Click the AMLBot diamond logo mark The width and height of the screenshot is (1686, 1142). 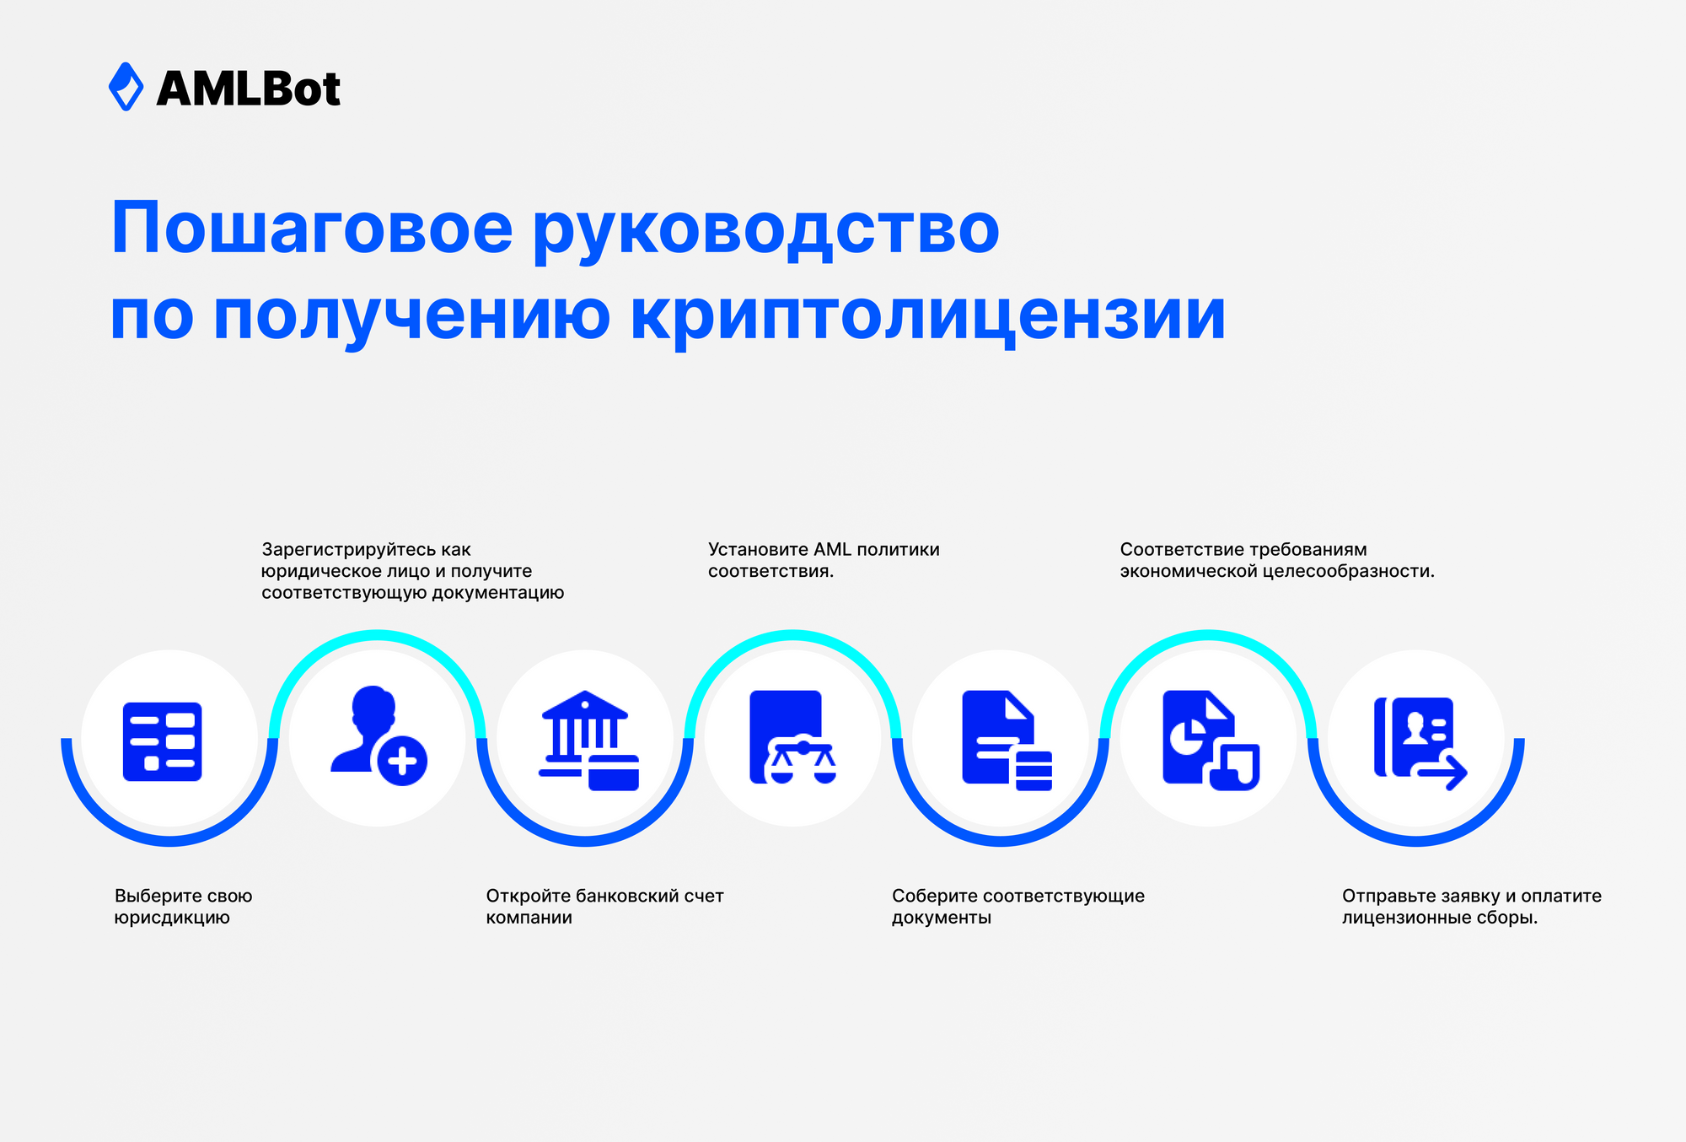(x=126, y=87)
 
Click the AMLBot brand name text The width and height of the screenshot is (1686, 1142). (x=249, y=89)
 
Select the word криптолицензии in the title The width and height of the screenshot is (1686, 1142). (x=927, y=315)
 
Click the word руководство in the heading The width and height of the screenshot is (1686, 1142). (x=765, y=229)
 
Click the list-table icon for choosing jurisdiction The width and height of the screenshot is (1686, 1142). (x=163, y=741)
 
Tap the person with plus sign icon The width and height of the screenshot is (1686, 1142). (x=379, y=735)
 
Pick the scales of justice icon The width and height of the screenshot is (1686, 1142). (x=792, y=738)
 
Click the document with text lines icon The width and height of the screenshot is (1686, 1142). (x=1006, y=741)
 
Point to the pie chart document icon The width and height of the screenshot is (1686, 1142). (x=1210, y=740)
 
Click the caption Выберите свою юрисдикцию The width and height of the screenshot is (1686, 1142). (x=183, y=907)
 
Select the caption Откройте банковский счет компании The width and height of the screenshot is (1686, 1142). (x=604, y=907)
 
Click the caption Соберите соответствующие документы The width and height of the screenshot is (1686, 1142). (x=1018, y=907)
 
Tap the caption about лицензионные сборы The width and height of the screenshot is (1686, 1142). (x=1471, y=907)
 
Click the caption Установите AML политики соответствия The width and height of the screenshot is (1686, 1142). (x=823, y=560)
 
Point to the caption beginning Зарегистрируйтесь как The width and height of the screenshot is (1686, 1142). (x=412, y=571)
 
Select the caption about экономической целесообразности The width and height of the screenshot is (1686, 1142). (x=1276, y=560)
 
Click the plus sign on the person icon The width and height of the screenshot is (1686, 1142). (x=402, y=762)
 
